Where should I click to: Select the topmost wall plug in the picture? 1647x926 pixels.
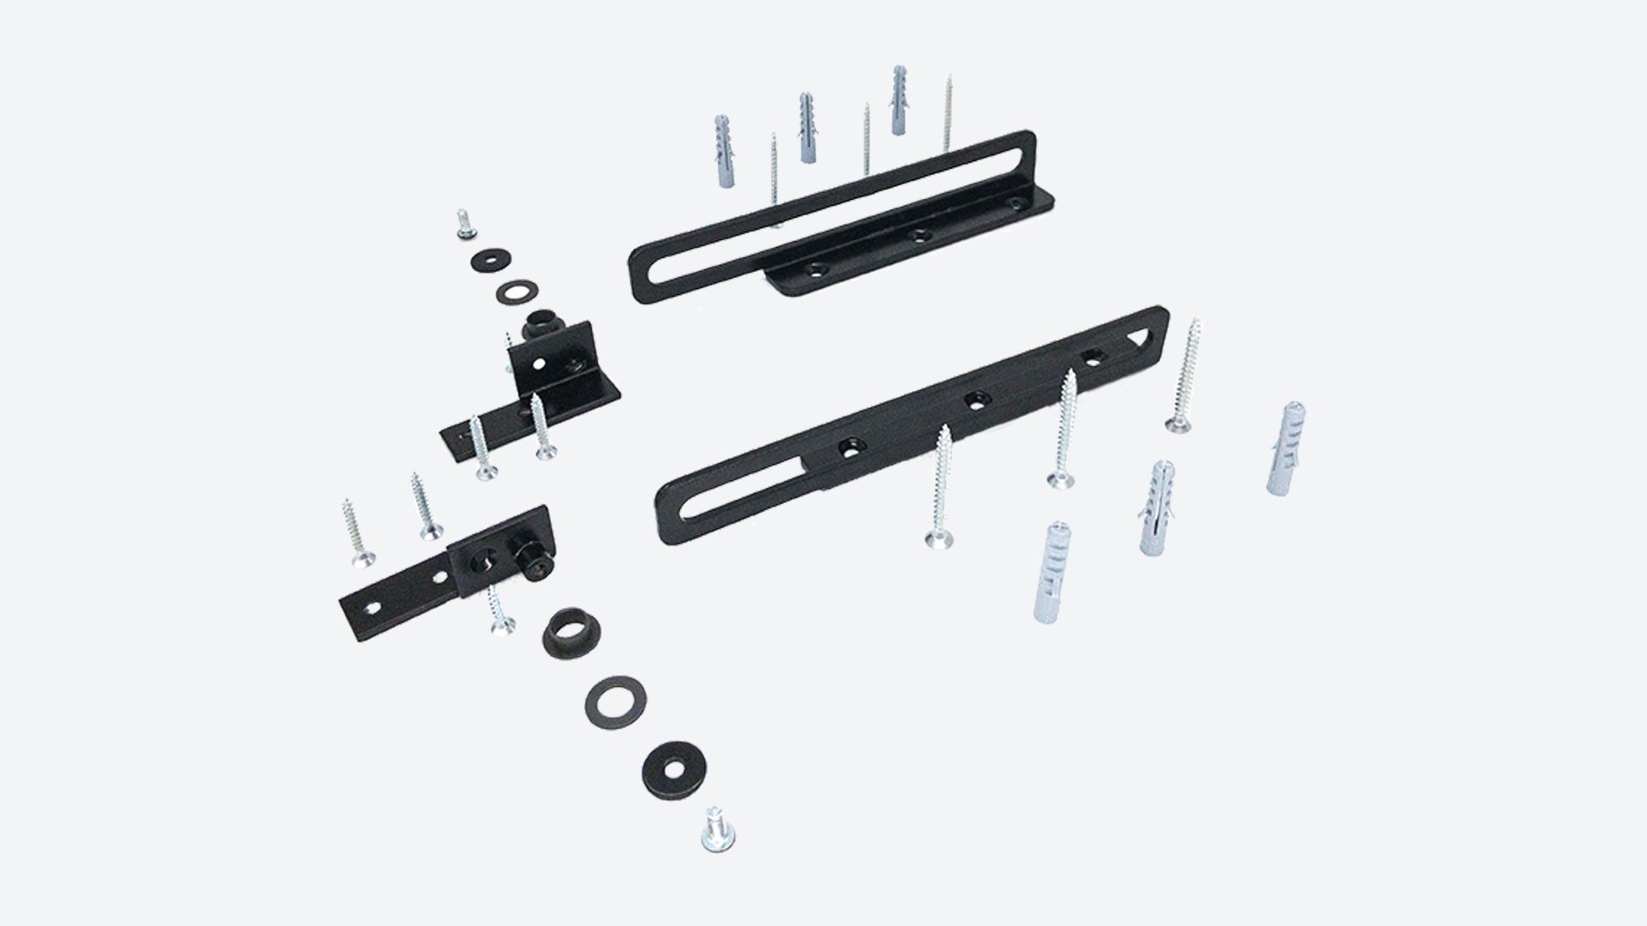[898, 100]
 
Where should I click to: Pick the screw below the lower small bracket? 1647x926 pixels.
[499, 610]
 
